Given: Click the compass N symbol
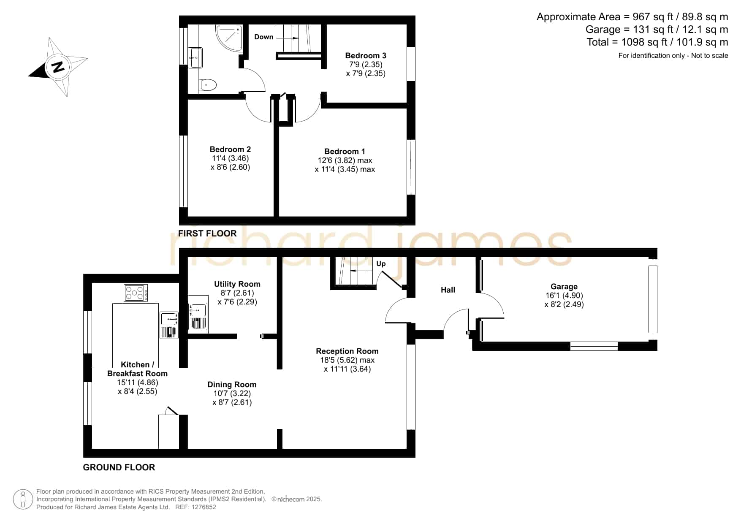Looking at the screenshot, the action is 58,67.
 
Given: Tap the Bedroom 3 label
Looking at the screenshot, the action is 366,55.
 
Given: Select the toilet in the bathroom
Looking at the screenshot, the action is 207,84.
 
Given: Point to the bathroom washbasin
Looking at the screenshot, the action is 195,57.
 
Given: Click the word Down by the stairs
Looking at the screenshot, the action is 264,37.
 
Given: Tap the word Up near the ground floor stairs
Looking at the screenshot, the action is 381,263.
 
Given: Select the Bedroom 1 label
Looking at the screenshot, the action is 345,151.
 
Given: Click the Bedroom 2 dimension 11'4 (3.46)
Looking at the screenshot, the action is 230,158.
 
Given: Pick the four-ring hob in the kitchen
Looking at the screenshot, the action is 136,293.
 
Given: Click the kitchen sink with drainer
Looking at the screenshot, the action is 169,325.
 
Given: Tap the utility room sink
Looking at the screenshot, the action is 198,316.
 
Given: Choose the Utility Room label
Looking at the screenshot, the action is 237,284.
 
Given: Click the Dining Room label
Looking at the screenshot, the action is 232,384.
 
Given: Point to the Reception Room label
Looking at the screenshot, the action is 347,351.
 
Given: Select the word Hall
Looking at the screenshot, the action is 448,290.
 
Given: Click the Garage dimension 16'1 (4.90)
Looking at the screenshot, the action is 564,296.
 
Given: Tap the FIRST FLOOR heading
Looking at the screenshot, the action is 207,233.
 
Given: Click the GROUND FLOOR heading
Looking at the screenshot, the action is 119,467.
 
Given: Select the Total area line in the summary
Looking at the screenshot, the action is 657,42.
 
